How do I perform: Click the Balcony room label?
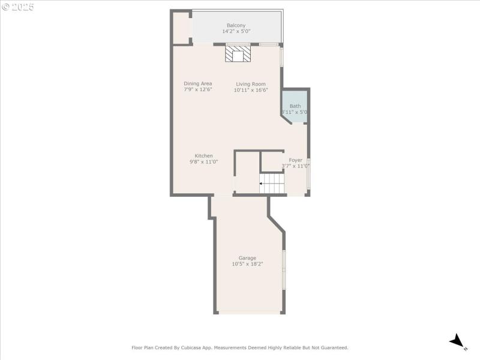tap(236, 25)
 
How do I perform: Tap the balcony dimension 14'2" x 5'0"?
tap(236, 31)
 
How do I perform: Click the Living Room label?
tap(251, 84)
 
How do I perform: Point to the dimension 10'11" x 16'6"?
tap(251, 90)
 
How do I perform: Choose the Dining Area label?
tap(198, 83)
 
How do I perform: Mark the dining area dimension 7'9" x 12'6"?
tap(198, 89)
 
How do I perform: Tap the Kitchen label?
tap(203, 155)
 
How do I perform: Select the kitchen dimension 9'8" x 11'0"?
tap(203, 161)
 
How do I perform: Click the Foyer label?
tap(296, 160)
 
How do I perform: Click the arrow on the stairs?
tap(262, 184)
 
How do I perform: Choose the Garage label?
tap(247, 258)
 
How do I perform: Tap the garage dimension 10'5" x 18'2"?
tap(247, 264)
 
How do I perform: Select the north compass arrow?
tap(458, 341)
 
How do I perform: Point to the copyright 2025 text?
tap(18, 7)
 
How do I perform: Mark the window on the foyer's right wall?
tap(308, 174)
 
